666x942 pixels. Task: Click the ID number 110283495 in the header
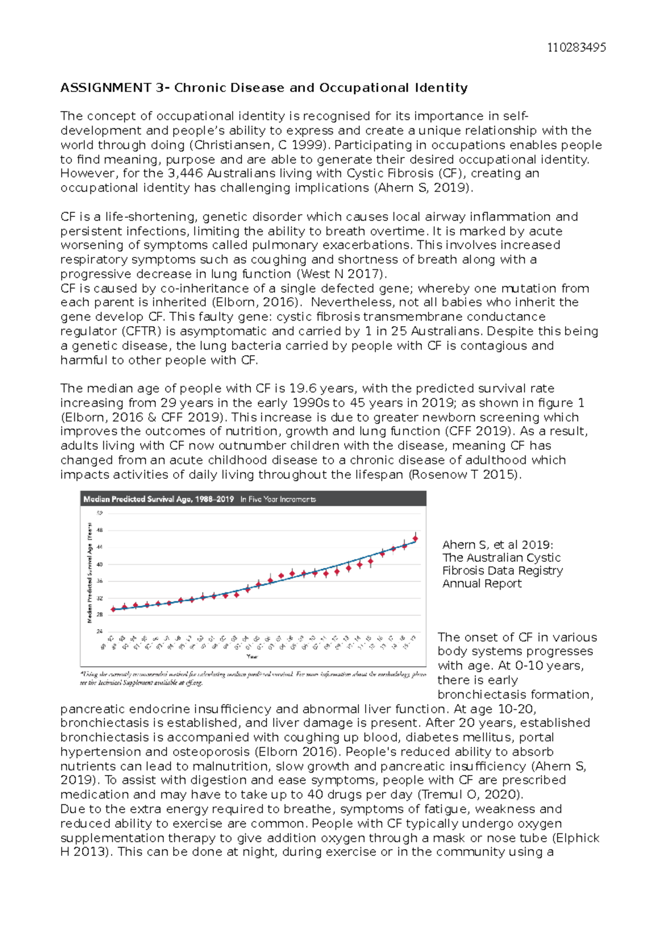click(x=576, y=48)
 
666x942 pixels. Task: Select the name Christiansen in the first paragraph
click(x=231, y=145)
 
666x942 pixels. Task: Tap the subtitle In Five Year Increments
click(x=277, y=499)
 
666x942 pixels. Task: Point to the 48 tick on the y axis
click(x=100, y=530)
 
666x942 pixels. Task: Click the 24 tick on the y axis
click(x=100, y=631)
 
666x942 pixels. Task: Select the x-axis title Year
click(x=253, y=656)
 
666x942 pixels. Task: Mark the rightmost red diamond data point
click(x=415, y=539)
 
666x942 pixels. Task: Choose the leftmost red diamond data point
click(x=113, y=609)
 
